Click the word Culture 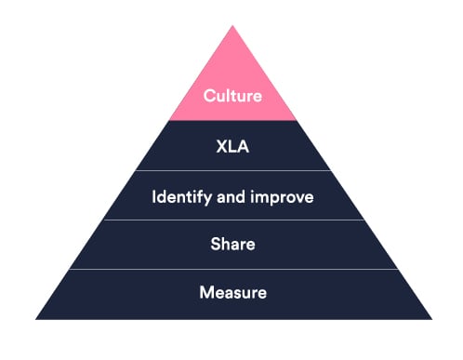coord(232,95)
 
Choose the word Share coord(232,246)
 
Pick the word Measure coord(232,293)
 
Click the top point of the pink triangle coord(232,25)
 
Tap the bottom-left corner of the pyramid coord(37,318)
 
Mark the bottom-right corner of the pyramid coord(430,318)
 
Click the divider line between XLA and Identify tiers coord(232,171)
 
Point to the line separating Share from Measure coord(232,270)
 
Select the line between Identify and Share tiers coord(232,220)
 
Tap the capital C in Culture coord(208,95)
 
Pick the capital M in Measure coord(205,293)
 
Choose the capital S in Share coord(215,246)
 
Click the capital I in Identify coord(153,196)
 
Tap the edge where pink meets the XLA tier coord(232,121)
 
